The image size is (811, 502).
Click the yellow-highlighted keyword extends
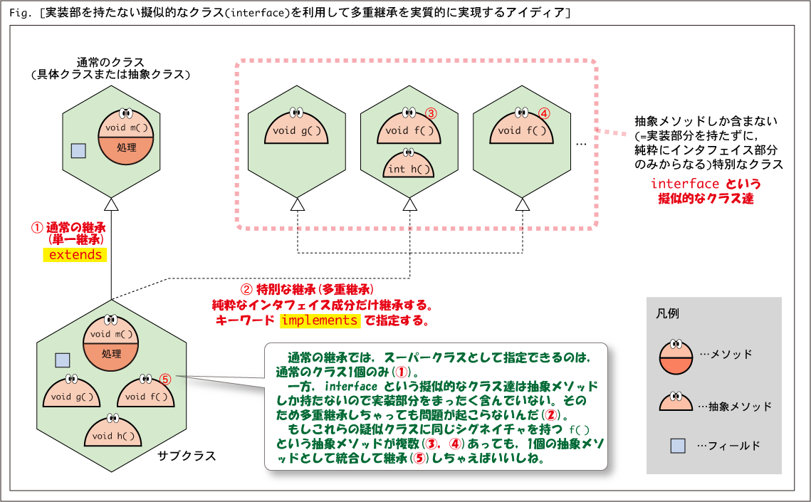(75, 255)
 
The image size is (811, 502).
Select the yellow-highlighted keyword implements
(320, 320)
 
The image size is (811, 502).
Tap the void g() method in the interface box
(297, 127)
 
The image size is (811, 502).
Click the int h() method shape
(408, 164)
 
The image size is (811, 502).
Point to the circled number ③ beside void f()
(431, 113)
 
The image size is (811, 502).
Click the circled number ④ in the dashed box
(544, 113)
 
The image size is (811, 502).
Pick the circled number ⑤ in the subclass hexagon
(165, 380)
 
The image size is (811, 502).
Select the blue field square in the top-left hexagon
(78, 151)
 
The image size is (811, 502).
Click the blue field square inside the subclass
(63, 360)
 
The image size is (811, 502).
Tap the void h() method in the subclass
(113, 432)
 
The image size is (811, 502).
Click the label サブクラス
(187, 456)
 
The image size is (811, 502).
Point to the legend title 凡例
(667, 314)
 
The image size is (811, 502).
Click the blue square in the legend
(678, 446)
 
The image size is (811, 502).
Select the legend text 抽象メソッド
(740, 407)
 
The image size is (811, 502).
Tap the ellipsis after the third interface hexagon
(581, 145)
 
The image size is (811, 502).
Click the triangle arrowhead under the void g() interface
(298, 205)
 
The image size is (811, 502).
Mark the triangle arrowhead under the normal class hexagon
(111, 205)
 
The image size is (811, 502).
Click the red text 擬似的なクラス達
(706, 199)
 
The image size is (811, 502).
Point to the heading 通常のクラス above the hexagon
(110, 63)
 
